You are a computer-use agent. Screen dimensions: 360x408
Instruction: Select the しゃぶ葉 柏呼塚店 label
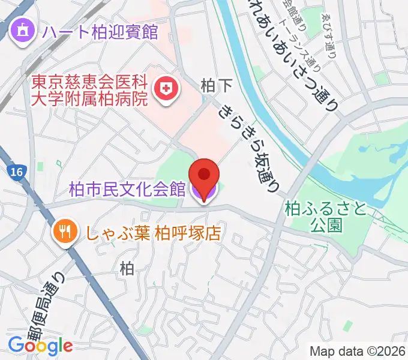(x=151, y=231)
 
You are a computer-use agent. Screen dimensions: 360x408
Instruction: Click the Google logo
(x=40, y=345)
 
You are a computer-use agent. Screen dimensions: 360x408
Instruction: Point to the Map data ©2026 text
(x=358, y=350)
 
